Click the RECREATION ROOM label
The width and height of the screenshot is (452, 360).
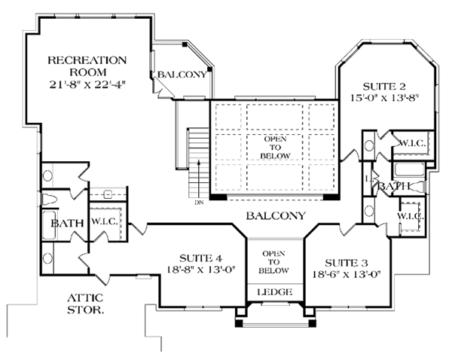click(87, 66)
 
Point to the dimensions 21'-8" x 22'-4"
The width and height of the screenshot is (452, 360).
click(87, 84)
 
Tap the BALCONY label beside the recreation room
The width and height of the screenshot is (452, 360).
click(182, 75)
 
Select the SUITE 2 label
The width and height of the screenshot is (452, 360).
click(384, 86)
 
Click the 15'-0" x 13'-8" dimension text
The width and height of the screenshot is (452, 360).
click(384, 98)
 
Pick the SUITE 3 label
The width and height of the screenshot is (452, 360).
click(347, 263)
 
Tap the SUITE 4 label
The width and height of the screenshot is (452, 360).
click(200, 258)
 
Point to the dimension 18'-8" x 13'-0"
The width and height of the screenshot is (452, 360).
click(201, 270)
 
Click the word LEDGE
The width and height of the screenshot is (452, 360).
click(275, 292)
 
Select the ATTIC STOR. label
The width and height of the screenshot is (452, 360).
click(85, 304)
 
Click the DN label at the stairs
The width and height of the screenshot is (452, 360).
click(199, 203)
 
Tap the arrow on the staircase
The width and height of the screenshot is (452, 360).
click(199, 178)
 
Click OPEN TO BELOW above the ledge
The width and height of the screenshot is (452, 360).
click(273, 262)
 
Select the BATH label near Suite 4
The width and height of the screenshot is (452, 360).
click(67, 223)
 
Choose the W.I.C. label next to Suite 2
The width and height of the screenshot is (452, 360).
click(413, 143)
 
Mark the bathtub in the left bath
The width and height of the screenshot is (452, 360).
click(49, 225)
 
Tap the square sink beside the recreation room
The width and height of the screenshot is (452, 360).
click(108, 194)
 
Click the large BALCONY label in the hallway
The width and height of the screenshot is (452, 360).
click(276, 215)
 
